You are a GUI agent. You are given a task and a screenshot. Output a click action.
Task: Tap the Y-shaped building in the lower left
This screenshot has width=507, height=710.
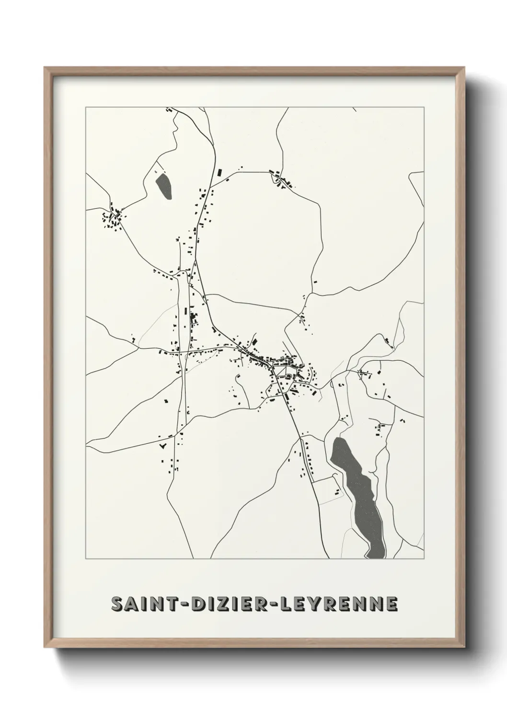162,446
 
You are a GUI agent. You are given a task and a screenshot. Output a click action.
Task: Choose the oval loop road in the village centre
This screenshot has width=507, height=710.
288,377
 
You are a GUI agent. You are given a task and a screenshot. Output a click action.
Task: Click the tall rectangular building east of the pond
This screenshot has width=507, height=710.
221,172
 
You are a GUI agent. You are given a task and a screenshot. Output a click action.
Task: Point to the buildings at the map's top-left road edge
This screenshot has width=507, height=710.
168,110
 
